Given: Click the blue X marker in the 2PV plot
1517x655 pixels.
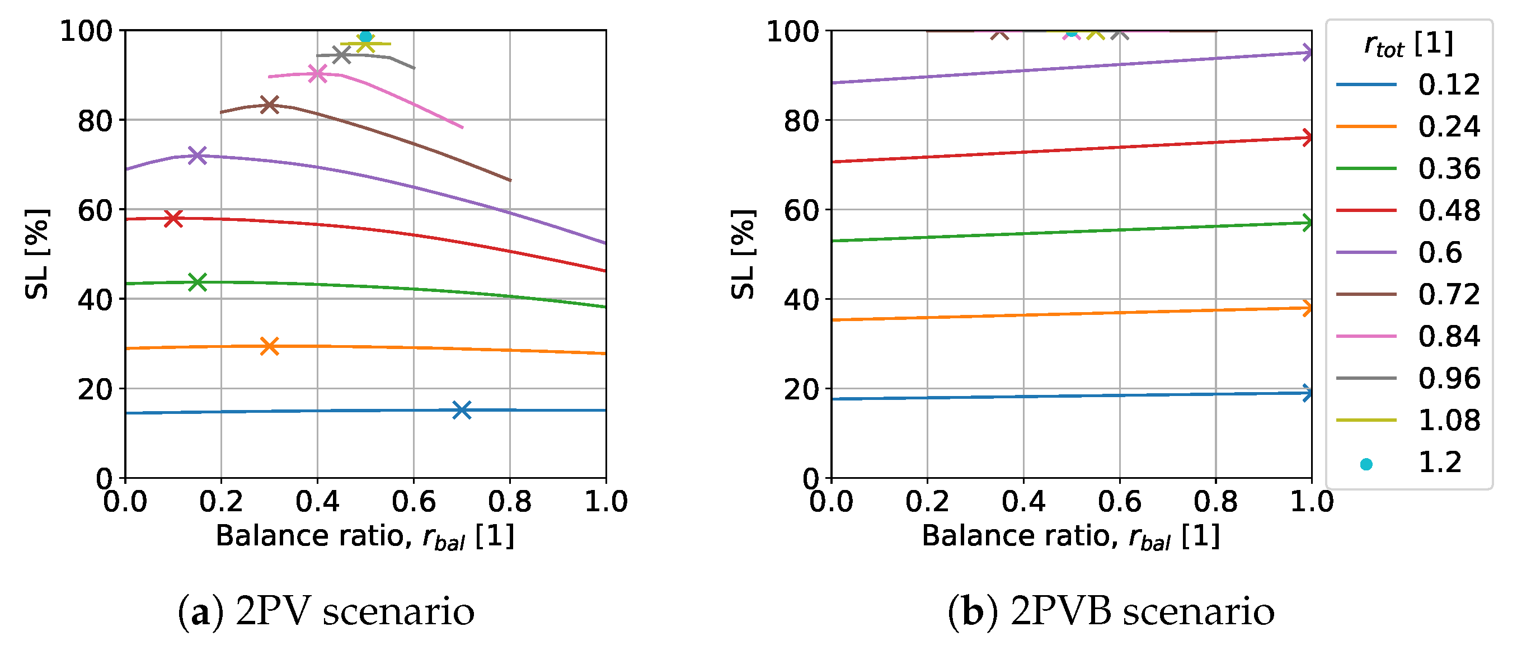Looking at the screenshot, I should tap(462, 410).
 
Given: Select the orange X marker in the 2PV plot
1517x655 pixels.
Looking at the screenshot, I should tap(269, 346).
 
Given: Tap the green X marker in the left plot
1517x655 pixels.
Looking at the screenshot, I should tap(198, 282).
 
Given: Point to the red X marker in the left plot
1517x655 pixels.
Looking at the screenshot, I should tap(173, 218).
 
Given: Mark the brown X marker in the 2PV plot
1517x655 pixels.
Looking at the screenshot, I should tap(269, 105).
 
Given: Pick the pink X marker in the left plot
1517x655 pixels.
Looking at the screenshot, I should tap(317, 74).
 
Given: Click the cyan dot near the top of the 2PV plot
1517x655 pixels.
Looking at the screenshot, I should tap(365, 36).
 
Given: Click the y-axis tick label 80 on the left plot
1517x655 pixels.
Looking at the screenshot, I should tap(94, 121).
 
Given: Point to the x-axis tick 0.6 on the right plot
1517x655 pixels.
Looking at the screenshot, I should tap(1119, 502).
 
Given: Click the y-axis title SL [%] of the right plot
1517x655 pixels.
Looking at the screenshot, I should tap(743, 255).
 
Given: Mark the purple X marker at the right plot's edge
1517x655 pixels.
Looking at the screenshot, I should tap(1307, 53).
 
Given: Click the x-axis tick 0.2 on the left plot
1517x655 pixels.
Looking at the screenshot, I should tap(221, 502).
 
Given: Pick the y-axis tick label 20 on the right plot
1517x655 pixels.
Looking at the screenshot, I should tap(800, 389).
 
